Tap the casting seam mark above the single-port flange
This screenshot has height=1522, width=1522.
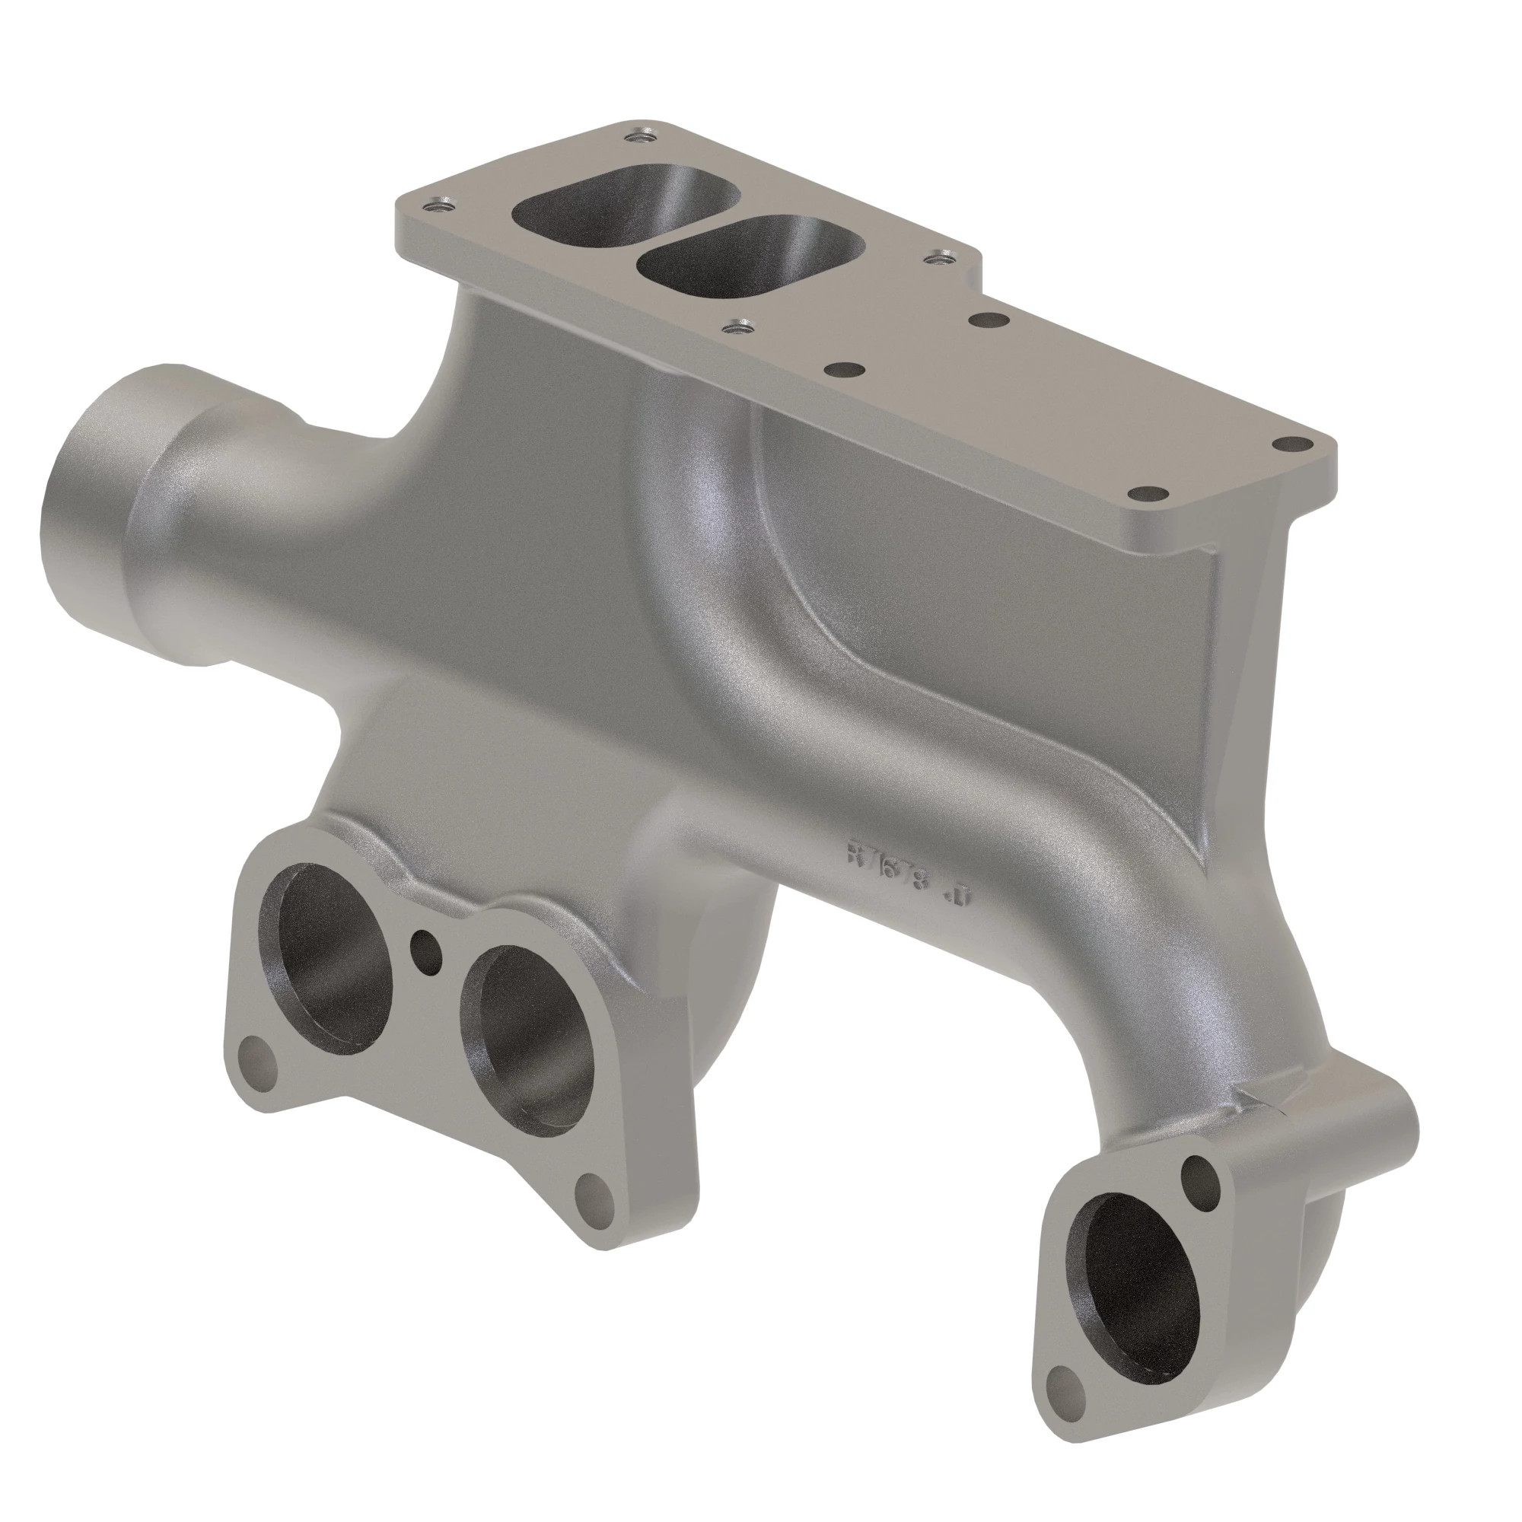[1261, 1098]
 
